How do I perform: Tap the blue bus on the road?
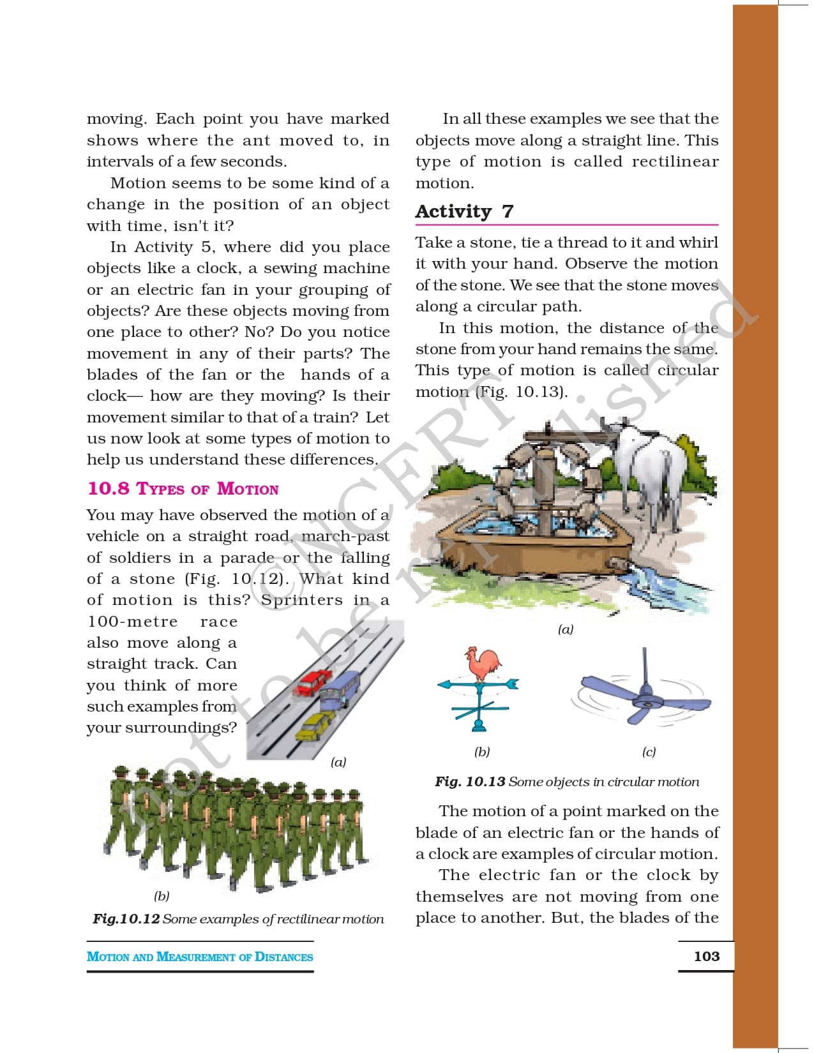(340, 690)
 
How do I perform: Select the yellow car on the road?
(315, 726)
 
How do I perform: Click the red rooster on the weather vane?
(483, 666)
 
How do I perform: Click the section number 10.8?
(109, 489)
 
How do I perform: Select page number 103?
(706, 956)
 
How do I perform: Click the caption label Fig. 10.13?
(470, 782)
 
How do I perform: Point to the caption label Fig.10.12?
(126, 919)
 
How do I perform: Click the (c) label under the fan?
(649, 752)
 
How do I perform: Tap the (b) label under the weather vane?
(482, 752)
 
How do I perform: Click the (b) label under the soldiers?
(162, 896)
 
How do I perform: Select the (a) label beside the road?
(338, 762)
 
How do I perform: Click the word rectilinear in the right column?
(675, 161)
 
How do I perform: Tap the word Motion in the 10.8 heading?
(248, 489)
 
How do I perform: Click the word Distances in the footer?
(283, 957)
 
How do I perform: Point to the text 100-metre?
(132, 622)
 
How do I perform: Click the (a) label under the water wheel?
(566, 629)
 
